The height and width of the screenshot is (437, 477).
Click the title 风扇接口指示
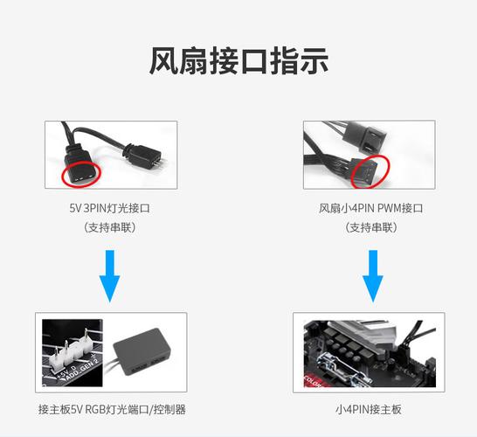tap(238, 62)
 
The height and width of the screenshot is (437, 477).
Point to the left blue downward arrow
tap(109, 274)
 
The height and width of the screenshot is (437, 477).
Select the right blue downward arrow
tap(371, 274)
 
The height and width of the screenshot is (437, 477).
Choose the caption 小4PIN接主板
tap(370, 409)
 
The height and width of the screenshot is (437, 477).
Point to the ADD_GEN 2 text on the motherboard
tap(75, 371)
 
